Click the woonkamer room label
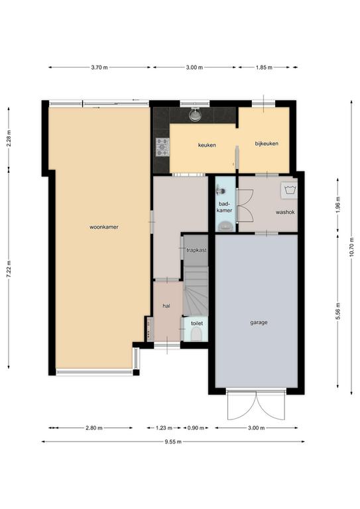point(104,227)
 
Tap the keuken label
point(207,145)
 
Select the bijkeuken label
point(267,143)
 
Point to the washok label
point(285,212)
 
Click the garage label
point(259,323)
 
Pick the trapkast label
point(196,251)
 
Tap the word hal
point(166,306)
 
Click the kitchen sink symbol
point(195,115)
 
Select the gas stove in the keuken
point(162,147)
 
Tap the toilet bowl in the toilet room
point(196,334)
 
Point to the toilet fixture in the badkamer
point(225,226)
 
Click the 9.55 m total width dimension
point(173,442)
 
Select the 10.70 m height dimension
point(351,248)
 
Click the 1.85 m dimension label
point(264,68)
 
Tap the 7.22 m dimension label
point(9,269)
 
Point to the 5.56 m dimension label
point(338,311)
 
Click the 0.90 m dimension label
point(196,428)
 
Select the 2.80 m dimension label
point(94,428)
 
